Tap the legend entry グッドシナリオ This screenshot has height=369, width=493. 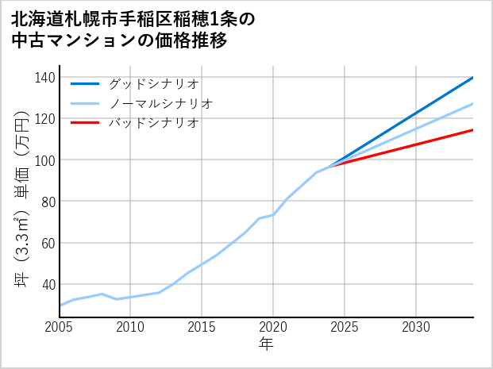point(154,83)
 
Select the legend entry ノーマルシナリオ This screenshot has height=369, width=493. point(161,103)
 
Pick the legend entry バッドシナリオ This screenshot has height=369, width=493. point(154,123)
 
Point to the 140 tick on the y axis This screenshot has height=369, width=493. point(45,78)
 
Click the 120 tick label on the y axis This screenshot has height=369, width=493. point(45,119)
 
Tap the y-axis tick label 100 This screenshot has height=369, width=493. point(45,160)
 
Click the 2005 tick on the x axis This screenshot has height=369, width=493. point(60,327)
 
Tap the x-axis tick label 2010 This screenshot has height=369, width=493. point(131,327)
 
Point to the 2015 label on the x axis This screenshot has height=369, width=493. point(202,327)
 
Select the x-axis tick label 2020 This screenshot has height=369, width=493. point(273,327)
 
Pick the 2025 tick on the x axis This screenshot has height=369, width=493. point(345,327)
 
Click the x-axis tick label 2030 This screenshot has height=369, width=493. point(416,327)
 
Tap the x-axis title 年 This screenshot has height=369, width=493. point(267,345)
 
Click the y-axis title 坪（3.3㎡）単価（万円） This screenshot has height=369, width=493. point(21,198)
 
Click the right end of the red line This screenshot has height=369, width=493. point(472,130)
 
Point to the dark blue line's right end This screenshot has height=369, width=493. point(472,78)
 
